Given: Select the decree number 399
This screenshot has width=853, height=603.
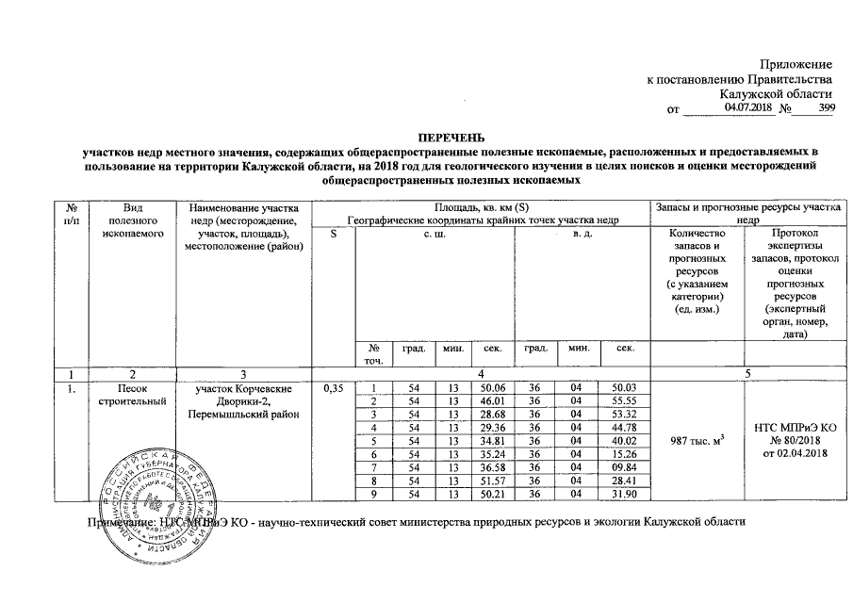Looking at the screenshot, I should [826, 109].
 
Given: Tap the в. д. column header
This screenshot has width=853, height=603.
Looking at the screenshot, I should [582, 233].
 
